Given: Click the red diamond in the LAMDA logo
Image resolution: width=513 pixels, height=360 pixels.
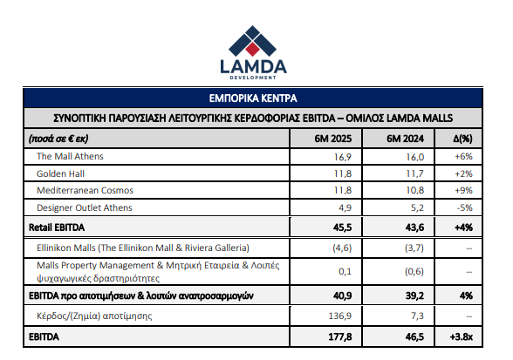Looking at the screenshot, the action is pyautogui.click(x=252, y=49).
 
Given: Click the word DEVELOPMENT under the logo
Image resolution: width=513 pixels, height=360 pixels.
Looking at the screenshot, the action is pyautogui.click(x=253, y=78).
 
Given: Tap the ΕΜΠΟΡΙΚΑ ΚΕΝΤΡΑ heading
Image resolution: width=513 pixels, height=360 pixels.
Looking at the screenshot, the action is pyautogui.click(x=253, y=98).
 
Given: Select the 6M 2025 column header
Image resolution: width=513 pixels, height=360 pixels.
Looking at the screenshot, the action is pyautogui.click(x=333, y=139).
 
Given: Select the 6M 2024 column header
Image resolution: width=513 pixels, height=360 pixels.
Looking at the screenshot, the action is pyautogui.click(x=405, y=139).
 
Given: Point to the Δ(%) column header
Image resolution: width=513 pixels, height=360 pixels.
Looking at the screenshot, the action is pyautogui.click(x=462, y=139).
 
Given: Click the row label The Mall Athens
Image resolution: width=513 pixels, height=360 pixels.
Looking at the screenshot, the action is pyautogui.click(x=70, y=156).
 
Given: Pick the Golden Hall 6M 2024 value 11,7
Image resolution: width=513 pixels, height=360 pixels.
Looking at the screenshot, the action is pyautogui.click(x=415, y=173).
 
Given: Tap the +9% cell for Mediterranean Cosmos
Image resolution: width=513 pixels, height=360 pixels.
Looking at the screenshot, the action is pyautogui.click(x=463, y=190).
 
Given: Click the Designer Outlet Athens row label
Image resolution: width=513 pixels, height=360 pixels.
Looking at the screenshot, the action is pyautogui.click(x=85, y=207).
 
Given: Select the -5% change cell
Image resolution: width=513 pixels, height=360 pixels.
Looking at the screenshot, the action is pyautogui.click(x=464, y=207).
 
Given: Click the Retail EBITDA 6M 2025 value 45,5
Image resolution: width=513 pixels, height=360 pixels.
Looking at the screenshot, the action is pyautogui.click(x=342, y=228).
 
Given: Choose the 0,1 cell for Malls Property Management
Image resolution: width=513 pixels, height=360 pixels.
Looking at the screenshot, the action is pyautogui.click(x=345, y=271).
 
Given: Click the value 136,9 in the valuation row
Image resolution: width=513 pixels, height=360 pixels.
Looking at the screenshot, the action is pyautogui.click(x=340, y=316).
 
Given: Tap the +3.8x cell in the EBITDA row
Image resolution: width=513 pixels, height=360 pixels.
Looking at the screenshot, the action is pyautogui.click(x=461, y=336).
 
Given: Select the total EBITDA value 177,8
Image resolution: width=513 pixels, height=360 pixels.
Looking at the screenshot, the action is pyautogui.click(x=340, y=336).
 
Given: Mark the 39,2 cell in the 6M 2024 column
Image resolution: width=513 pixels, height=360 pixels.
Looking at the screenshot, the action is pyautogui.click(x=414, y=295).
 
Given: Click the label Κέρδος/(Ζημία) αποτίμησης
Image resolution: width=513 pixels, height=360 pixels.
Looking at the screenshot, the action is pyautogui.click(x=94, y=316).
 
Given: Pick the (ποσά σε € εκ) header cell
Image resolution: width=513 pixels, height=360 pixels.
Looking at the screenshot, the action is pyautogui.click(x=58, y=139).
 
